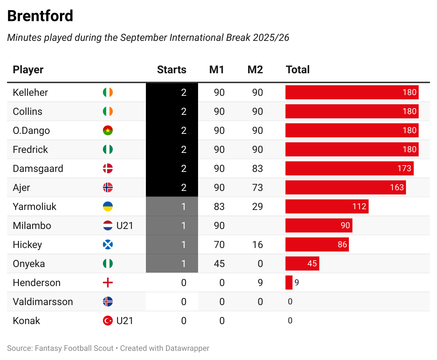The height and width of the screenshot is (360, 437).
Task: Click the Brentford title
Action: click(40, 16)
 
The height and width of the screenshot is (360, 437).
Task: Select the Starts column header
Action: click(171, 70)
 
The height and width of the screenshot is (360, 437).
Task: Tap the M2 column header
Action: click(255, 70)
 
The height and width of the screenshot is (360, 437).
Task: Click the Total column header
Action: click(297, 70)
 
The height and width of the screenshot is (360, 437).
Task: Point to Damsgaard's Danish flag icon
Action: click(108, 168)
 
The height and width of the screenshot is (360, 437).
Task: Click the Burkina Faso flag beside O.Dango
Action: click(108, 130)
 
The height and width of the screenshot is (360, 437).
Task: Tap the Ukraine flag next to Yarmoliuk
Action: click(108, 206)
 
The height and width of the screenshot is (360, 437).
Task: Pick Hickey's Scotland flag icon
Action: click(108, 244)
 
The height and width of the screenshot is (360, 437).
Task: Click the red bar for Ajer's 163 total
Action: click(345, 187)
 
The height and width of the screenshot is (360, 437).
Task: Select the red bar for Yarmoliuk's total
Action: click(327, 206)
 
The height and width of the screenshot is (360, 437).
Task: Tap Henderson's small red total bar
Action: click(289, 283)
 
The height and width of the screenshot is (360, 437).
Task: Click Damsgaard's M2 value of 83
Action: click(257, 168)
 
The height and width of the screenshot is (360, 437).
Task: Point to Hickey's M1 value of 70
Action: click(219, 244)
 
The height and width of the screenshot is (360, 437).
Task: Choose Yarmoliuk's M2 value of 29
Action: click(257, 206)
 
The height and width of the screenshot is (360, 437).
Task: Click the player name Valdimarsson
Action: click(43, 302)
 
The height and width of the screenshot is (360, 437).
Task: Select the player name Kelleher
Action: click(30, 93)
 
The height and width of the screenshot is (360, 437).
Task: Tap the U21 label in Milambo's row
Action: click(125, 225)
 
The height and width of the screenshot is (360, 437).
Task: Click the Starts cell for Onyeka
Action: click(172, 263)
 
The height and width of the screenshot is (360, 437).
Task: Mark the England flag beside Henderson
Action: click(108, 283)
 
